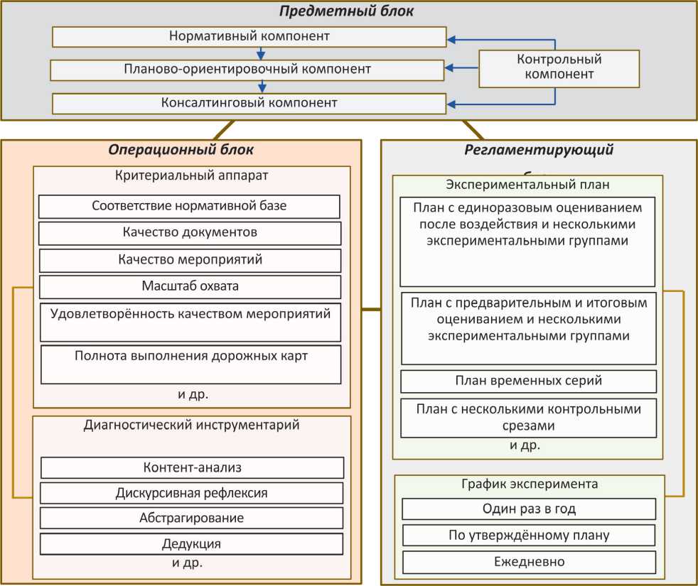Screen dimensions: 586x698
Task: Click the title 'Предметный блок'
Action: tap(346, 11)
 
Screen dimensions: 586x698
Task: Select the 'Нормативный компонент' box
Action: tap(249, 36)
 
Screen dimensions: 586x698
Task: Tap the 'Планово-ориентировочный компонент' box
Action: tap(247, 70)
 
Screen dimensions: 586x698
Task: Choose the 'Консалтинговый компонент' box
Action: tap(249, 103)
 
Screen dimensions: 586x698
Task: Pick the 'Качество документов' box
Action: tap(190, 233)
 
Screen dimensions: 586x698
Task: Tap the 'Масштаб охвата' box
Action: tap(190, 287)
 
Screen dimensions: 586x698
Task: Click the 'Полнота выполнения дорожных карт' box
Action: tap(191, 364)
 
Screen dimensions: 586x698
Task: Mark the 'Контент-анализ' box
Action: tap(193, 467)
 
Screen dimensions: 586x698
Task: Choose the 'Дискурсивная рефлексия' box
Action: tap(192, 492)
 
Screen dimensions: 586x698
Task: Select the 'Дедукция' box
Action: tap(192, 544)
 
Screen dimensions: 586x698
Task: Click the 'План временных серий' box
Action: tap(528, 381)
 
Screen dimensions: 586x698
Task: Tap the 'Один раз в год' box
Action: tap(529, 509)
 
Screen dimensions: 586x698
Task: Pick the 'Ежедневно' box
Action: tap(529, 562)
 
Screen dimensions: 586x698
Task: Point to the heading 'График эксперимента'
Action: tap(530, 484)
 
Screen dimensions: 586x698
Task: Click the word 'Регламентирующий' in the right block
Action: tap(539, 150)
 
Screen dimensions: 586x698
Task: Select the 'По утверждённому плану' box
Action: tap(529, 535)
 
